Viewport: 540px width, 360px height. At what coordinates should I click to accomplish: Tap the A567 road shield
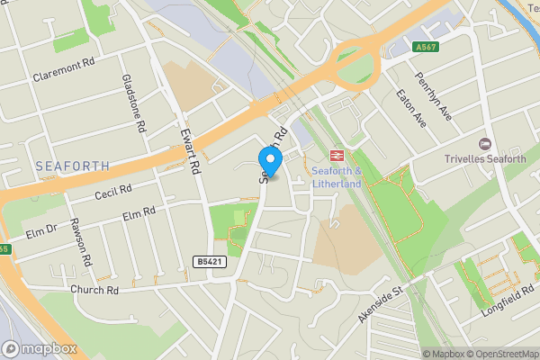tap(426, 46)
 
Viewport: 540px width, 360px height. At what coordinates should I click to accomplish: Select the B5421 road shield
tap(207, 261)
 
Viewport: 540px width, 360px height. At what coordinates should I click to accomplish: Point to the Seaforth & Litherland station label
tap(336, 177)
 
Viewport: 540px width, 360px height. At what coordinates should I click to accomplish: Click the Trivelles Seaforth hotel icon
tap(485, 144)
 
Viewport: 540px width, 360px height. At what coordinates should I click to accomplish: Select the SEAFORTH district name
tap(73, 166)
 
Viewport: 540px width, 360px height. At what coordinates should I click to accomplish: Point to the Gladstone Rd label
tap(133, 103)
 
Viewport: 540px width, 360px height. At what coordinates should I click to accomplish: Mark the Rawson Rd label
tap(80, 244)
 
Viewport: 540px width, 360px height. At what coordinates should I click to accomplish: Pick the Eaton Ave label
tap(412, 107)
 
